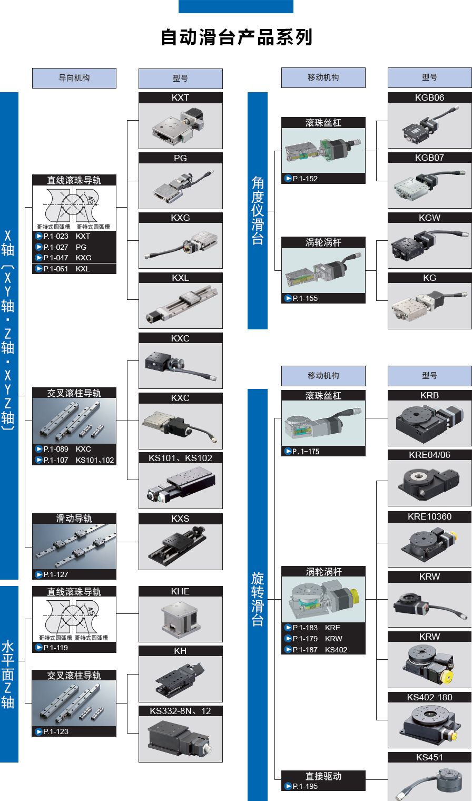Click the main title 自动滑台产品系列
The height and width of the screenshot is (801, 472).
pos(237,37)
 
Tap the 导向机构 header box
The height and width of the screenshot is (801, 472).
pos(74,78)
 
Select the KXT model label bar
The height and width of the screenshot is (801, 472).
pos(181,97)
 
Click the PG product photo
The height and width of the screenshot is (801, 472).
pos(181,186)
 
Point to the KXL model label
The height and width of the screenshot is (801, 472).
pos(181,278)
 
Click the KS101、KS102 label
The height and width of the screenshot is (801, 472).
pos(181,458)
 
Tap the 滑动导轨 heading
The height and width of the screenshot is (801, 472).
pos(74,519)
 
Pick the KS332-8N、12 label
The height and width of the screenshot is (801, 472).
pos(181,711)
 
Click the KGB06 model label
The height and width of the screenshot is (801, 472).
pos(430,97)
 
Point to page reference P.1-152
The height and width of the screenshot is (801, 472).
pos(301,179)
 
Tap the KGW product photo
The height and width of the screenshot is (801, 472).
pos(430,246)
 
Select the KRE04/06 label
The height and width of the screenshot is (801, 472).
pos(430,455)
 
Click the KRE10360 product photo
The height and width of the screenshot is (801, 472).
pos(430,544)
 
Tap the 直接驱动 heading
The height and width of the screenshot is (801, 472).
pos(323,776)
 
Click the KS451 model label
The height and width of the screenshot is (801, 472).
pos(430,757)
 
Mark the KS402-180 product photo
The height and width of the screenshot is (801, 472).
pos(430,725)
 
